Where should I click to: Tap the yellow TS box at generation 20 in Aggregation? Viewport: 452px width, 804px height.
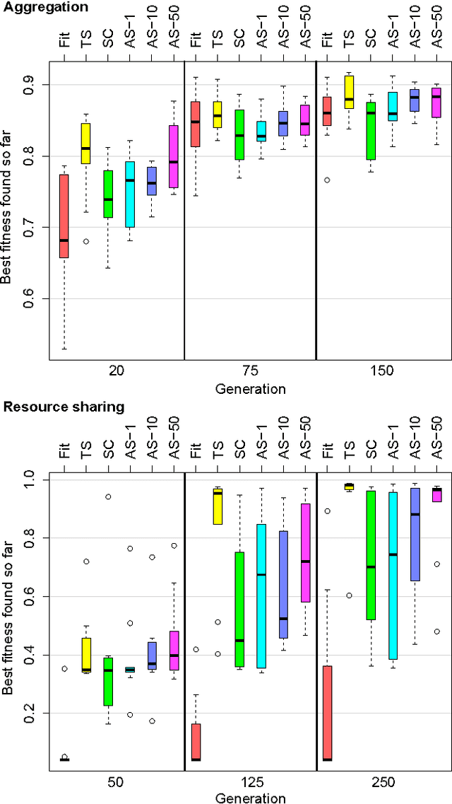(x=85, y=144)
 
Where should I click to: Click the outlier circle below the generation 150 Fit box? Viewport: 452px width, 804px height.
(x=326, y=180)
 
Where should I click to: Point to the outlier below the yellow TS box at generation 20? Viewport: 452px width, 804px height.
(x=85, y=241)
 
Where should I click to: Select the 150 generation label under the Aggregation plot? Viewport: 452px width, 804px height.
(x=381, y=371)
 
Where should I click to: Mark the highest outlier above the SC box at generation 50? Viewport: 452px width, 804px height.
(x=107, y=496)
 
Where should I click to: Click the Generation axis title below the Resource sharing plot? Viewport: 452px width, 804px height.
(x=251, y=798)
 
